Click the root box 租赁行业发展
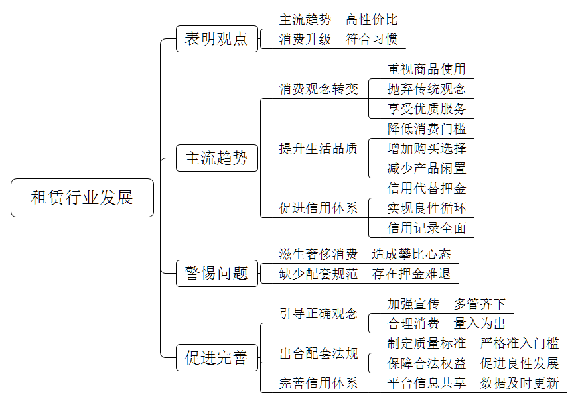[82, 198]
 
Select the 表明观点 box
[217, 38]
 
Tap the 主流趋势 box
[217, 158]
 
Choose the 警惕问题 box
[217, 273]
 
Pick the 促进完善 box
[217, 357]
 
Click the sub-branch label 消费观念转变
[319, 89]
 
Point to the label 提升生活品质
[319, 148]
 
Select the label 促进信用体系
[319, 208]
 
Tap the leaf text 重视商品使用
[427, 69]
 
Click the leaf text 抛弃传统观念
[427, 89]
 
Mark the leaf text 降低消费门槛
[427, 129]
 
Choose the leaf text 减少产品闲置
[427, 168]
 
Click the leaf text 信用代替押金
[427, 188]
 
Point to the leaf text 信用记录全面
[427, 228]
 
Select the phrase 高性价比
[372, 19]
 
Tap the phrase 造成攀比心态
[411, 254]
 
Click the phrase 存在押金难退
[411, 274]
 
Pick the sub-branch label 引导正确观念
[319, 314]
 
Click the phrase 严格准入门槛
[520, 343]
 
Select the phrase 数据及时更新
[520, 383]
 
